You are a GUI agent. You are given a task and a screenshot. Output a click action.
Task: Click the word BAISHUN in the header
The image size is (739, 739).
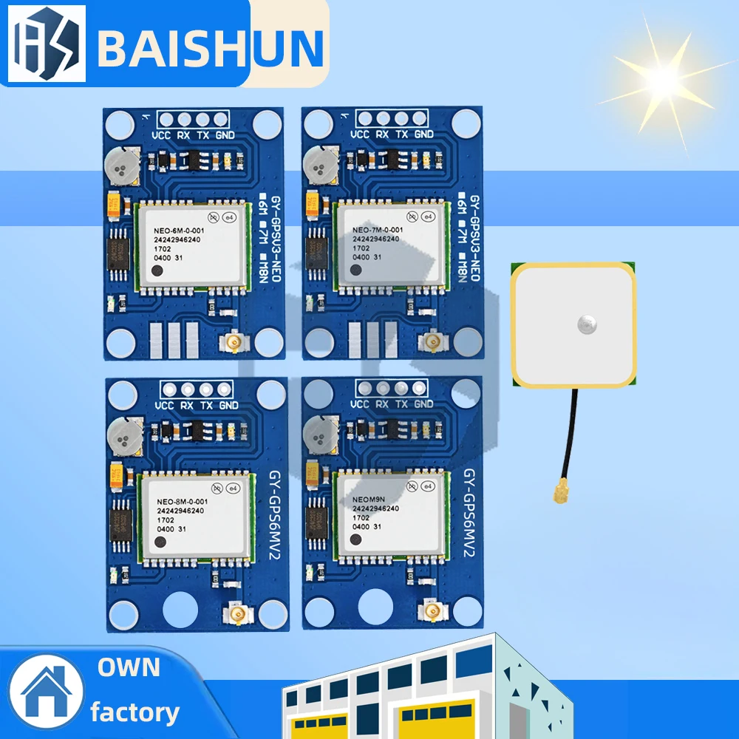(x=210, y=46)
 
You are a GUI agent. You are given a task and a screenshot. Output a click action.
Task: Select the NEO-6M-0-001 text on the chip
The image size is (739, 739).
(x=183, y=229)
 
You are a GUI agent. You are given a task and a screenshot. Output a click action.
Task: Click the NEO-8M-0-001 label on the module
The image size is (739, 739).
(x=182, y=502)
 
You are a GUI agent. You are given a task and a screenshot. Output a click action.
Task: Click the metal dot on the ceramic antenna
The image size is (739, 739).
(x=588, y=322)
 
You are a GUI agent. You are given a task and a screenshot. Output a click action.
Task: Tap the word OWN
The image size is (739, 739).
(x=129, y=667)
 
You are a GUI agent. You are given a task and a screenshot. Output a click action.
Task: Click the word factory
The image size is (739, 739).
(x=134, y=712)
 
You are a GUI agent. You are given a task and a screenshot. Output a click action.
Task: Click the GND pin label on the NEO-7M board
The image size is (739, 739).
(x=423, y=134)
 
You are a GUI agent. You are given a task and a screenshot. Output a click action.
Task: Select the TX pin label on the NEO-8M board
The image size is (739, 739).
(x=207, y=406)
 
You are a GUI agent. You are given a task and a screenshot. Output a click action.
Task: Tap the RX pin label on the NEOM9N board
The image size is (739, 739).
(x=382, y=405)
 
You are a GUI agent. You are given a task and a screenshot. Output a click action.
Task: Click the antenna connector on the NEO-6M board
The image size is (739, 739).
(x=235, y=341)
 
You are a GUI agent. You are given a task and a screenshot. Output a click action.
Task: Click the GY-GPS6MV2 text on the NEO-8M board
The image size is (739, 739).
(x=276, y=516)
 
